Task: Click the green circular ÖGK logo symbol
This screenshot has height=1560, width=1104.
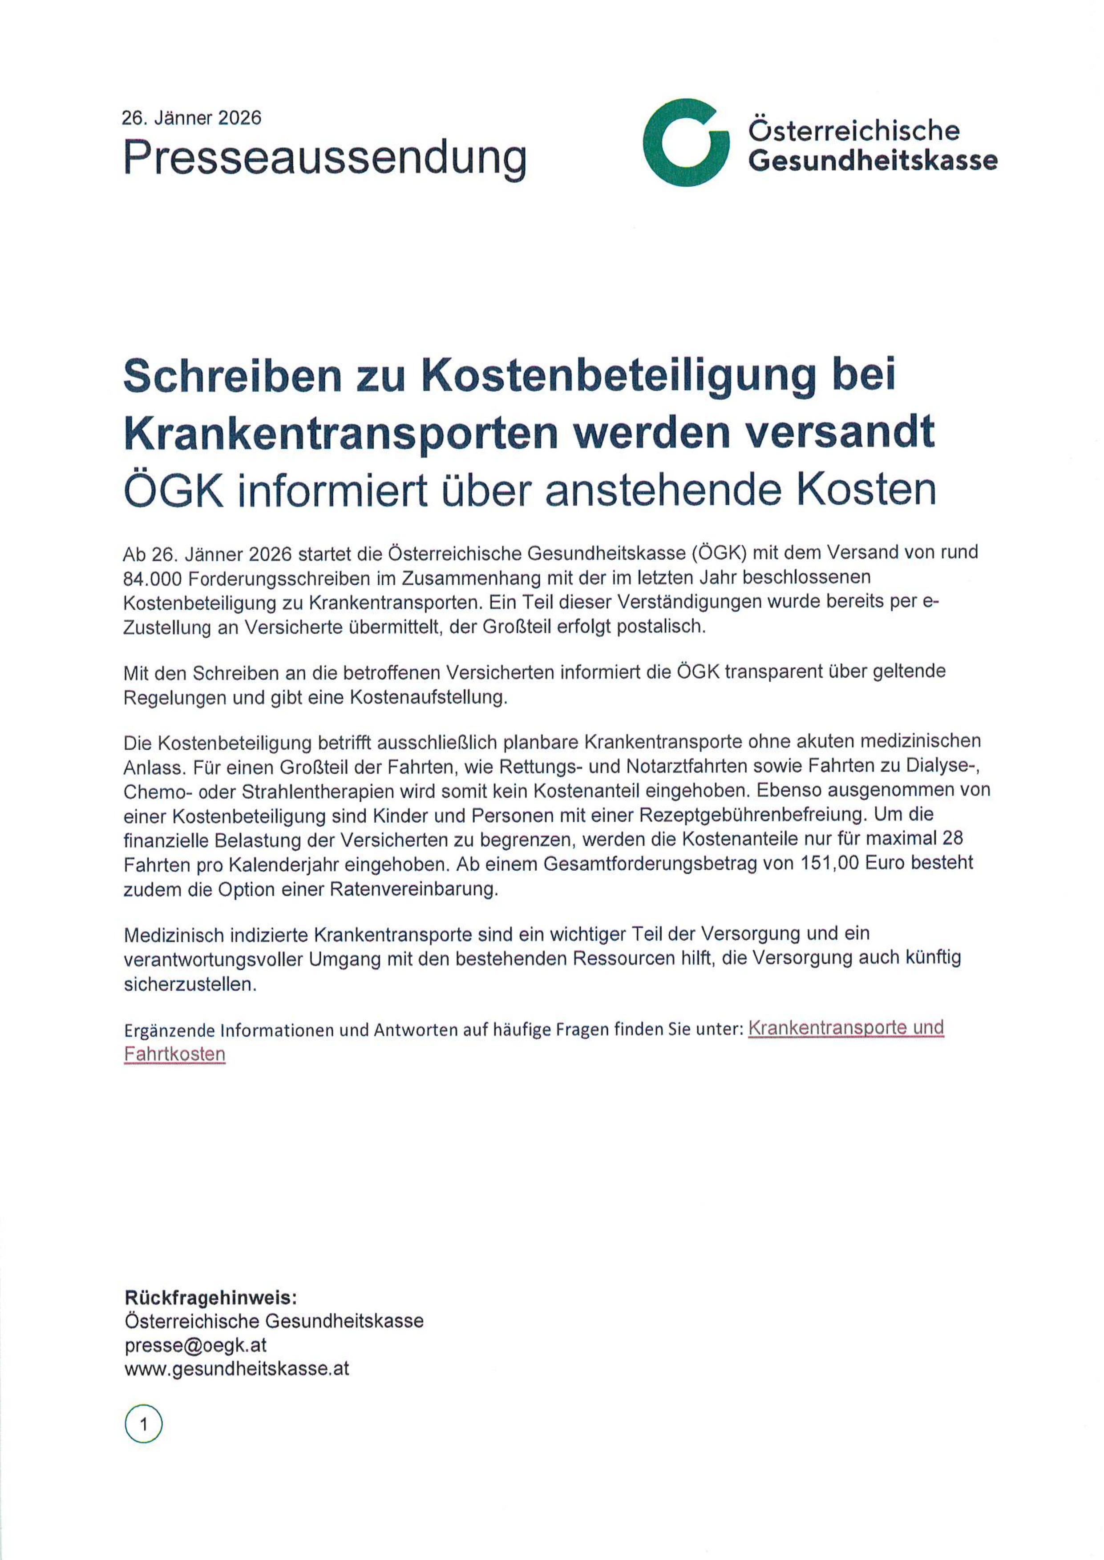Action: pos(686,143)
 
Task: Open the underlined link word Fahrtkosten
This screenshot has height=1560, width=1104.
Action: pos(175,1054)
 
